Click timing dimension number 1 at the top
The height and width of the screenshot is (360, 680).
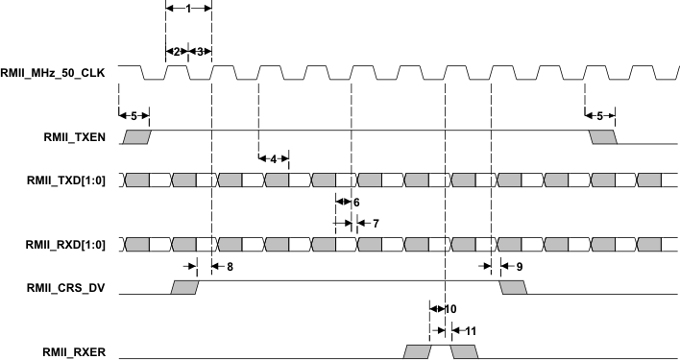click(x=188, y=8)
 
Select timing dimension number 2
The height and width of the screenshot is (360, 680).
click(x=176, y=51)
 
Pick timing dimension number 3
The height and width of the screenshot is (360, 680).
click(x=199, y=51)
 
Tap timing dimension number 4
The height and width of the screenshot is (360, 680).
click(x=274, y=157)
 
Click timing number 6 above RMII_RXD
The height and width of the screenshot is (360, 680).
click(x=354, y=203)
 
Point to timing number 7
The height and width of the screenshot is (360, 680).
click(x=376, y=223)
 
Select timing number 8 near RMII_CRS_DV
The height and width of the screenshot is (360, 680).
click(x=229, y=266)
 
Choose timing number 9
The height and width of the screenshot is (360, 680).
click(x=519, y=266)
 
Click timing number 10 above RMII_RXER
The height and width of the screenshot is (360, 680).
click(x=450, y=308)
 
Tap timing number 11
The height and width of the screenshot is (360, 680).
click(x=471, y=330)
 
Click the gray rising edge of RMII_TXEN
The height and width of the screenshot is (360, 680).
click(x=137, y=137)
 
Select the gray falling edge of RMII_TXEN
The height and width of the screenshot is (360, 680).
click(x=603, y=137)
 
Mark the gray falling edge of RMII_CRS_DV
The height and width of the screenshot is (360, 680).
click(x=512, y=286)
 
